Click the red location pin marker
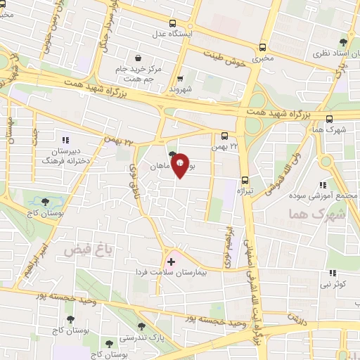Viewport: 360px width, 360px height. click(180, 166)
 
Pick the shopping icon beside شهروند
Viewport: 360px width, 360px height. click(180, 79)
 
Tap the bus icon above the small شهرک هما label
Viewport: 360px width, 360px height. click(330, 117)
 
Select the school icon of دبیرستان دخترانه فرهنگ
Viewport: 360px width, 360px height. click(66, 140)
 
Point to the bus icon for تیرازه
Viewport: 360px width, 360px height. click(244, 179)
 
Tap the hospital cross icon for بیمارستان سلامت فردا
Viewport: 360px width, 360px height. click(171, 262)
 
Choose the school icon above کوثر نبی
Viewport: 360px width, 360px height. click(333, 273)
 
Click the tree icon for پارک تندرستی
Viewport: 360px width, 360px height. click(143, 326)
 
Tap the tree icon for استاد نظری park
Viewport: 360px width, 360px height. click(343, 42)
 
